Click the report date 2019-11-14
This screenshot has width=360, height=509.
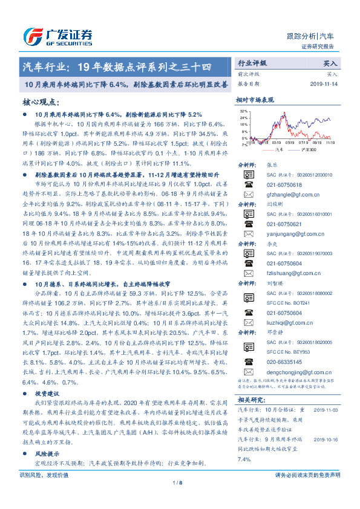point(326,84)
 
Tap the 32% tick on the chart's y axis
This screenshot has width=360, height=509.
point(243,111)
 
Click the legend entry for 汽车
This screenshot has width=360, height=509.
point(278,148)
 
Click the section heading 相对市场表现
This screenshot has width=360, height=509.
point(255,99)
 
